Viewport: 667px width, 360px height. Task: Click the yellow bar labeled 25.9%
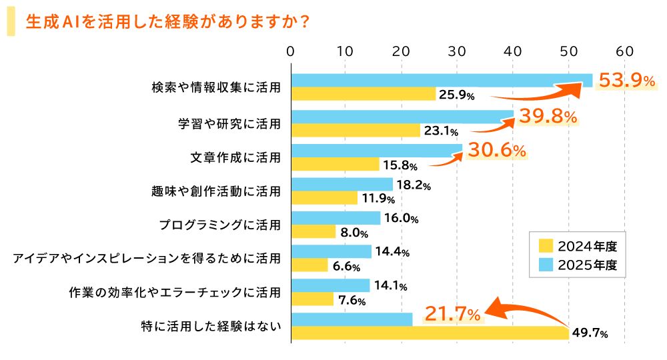364,94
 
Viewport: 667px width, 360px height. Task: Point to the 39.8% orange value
548,117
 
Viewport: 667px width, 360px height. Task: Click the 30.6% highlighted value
497,151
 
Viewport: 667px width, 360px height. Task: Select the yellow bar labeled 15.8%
336,164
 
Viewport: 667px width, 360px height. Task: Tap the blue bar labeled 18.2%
342,184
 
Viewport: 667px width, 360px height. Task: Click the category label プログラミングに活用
219,225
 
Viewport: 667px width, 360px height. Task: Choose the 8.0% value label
354,233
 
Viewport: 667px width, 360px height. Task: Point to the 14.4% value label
393,252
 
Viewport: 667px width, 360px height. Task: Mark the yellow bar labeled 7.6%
312,300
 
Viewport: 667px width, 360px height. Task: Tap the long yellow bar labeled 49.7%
430,333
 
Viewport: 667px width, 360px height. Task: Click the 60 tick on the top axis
624,51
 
